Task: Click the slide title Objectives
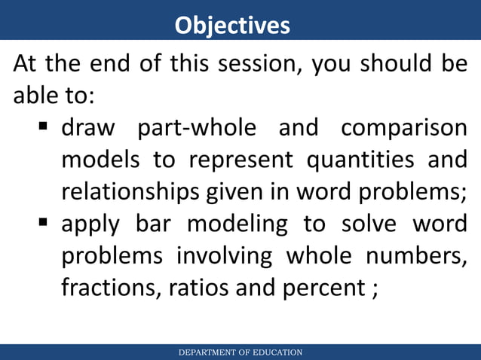(232, 25)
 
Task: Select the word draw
(88, 128)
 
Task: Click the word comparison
(403, 129)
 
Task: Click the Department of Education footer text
(240, 352)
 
